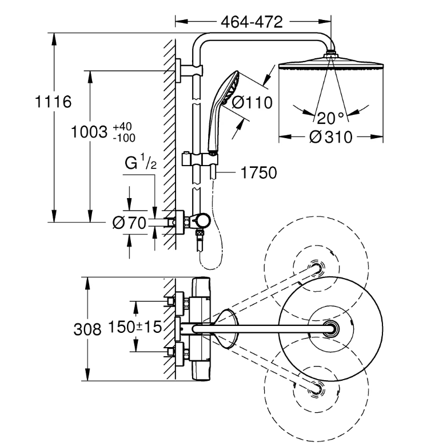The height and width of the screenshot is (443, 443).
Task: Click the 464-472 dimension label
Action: point(252,22)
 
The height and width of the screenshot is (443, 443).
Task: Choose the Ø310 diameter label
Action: point(330,138)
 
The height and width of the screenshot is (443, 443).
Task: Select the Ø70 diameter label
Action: point(130,223)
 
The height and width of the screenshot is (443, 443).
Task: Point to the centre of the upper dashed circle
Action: point(316,267)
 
